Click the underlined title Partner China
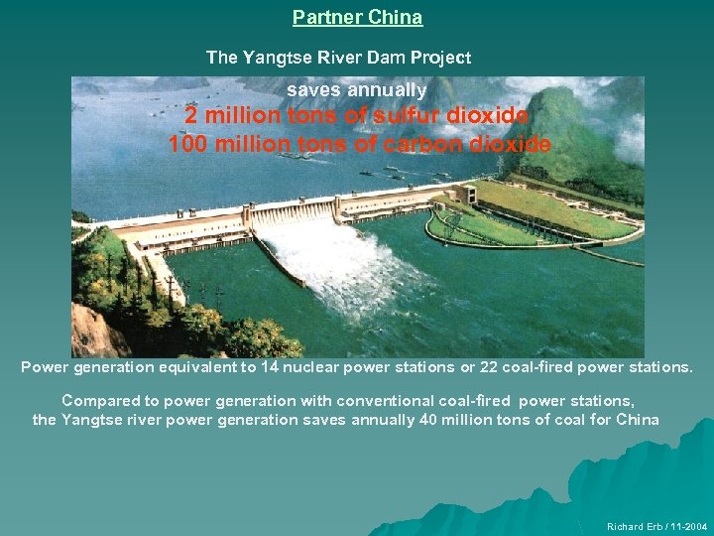[x=357, y=18]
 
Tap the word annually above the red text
[x=390, y=90]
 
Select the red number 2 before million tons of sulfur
[x=191, y=116]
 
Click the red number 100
[x=188, y=144]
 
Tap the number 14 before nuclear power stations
[x=269, y=367]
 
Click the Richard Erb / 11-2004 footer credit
[x=654, y=526]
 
